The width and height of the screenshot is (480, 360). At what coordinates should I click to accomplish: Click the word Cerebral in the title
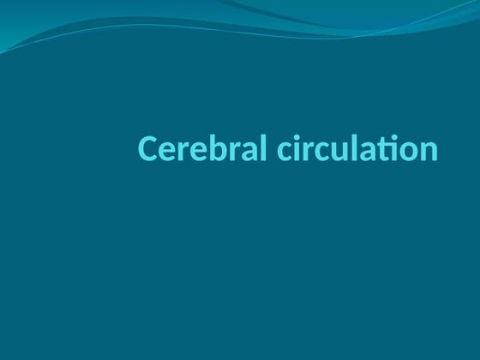[x=204, y=149]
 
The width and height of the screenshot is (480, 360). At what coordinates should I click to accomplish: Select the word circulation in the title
[x=359, y=149]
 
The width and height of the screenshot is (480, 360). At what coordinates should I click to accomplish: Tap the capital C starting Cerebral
[x=147, y=149]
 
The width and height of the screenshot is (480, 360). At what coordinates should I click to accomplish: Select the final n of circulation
[x=428, y=152]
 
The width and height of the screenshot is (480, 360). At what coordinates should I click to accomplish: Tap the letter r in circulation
[x=311, y=152]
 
